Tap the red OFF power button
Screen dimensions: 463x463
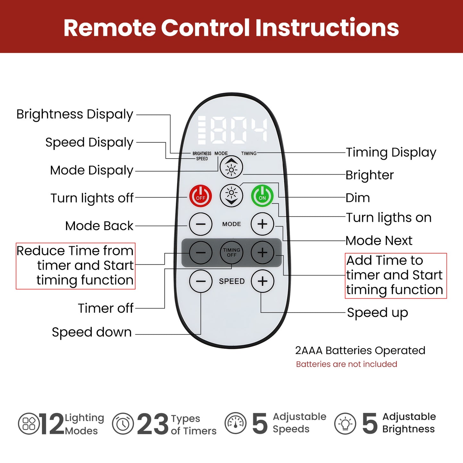pos(200,196)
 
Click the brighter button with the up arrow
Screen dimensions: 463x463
pos(231,167)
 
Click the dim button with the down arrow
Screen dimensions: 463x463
pos(231,196)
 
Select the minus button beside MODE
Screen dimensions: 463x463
pos(201,224)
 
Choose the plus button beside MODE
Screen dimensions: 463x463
pos(262,224)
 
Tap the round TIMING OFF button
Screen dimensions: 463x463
pos(231,252)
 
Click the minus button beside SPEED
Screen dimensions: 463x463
pos(201,281)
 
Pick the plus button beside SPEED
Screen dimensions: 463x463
pos(262,281)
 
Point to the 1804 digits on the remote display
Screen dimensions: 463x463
pos(233,130)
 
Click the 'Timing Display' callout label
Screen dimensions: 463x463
pos(391,153)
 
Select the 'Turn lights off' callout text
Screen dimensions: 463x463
pos(92,198)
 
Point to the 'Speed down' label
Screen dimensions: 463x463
pos(92,332)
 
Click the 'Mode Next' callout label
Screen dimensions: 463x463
pos(379,241)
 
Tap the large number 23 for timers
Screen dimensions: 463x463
pos(153,424)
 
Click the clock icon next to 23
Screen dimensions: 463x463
pos(123,424)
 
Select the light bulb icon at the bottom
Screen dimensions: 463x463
pos(345,424)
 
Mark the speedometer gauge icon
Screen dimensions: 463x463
pos(236,423)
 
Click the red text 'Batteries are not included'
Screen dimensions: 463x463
pos(346,364)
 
